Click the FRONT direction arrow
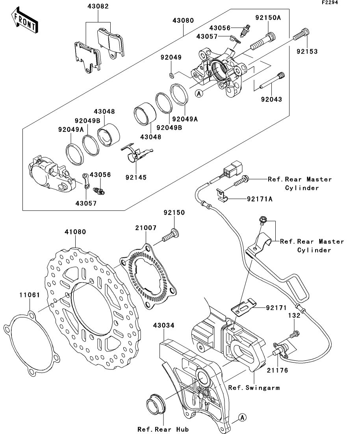(25, 21)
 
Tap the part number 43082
(98, 6)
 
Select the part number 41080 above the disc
(75, 232)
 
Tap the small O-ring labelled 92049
(171, 75)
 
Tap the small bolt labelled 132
(295, 334)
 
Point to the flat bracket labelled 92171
(243, 307)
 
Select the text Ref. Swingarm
(254, 388)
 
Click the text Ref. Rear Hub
(163, 429)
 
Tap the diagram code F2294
(330, 2)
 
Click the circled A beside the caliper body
(199, 94)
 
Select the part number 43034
(163, 325)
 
